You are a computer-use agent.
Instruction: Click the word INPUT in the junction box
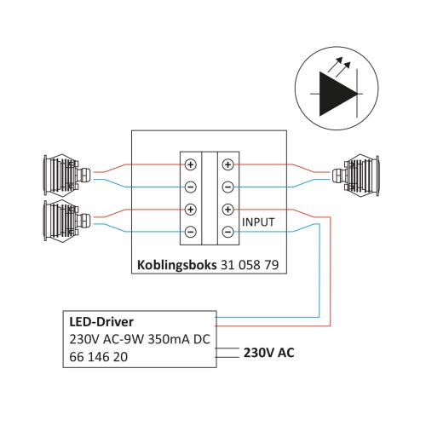[x=258, y=222]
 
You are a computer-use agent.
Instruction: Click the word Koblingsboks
[x=176, y=265]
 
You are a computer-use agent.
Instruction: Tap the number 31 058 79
[x=250, y=265]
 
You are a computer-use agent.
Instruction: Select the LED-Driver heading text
[x=101, y=322]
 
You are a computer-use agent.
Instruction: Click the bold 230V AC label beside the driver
[x=269, y=353]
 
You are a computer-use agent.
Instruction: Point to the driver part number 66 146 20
[x=98, y=357]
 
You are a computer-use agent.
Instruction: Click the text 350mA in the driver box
[x=169, y=339]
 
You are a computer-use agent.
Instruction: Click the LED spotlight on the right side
[x=355, y=176]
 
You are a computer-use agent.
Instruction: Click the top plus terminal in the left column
[x=191, y=164]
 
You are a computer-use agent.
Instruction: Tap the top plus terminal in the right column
[x=227, y=164]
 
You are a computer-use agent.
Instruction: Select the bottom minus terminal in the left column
[x=191, y=232]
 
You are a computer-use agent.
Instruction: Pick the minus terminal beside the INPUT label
[x=227, y=232]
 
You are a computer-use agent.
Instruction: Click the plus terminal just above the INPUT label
[x=227, y=210]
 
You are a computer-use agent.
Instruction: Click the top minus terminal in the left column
[x=191, y=187]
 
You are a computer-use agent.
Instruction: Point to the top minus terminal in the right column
[x=227, y=187]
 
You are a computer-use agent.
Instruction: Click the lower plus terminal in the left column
[x=191, y=210]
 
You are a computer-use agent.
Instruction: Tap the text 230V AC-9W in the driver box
[x=106, y=339]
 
